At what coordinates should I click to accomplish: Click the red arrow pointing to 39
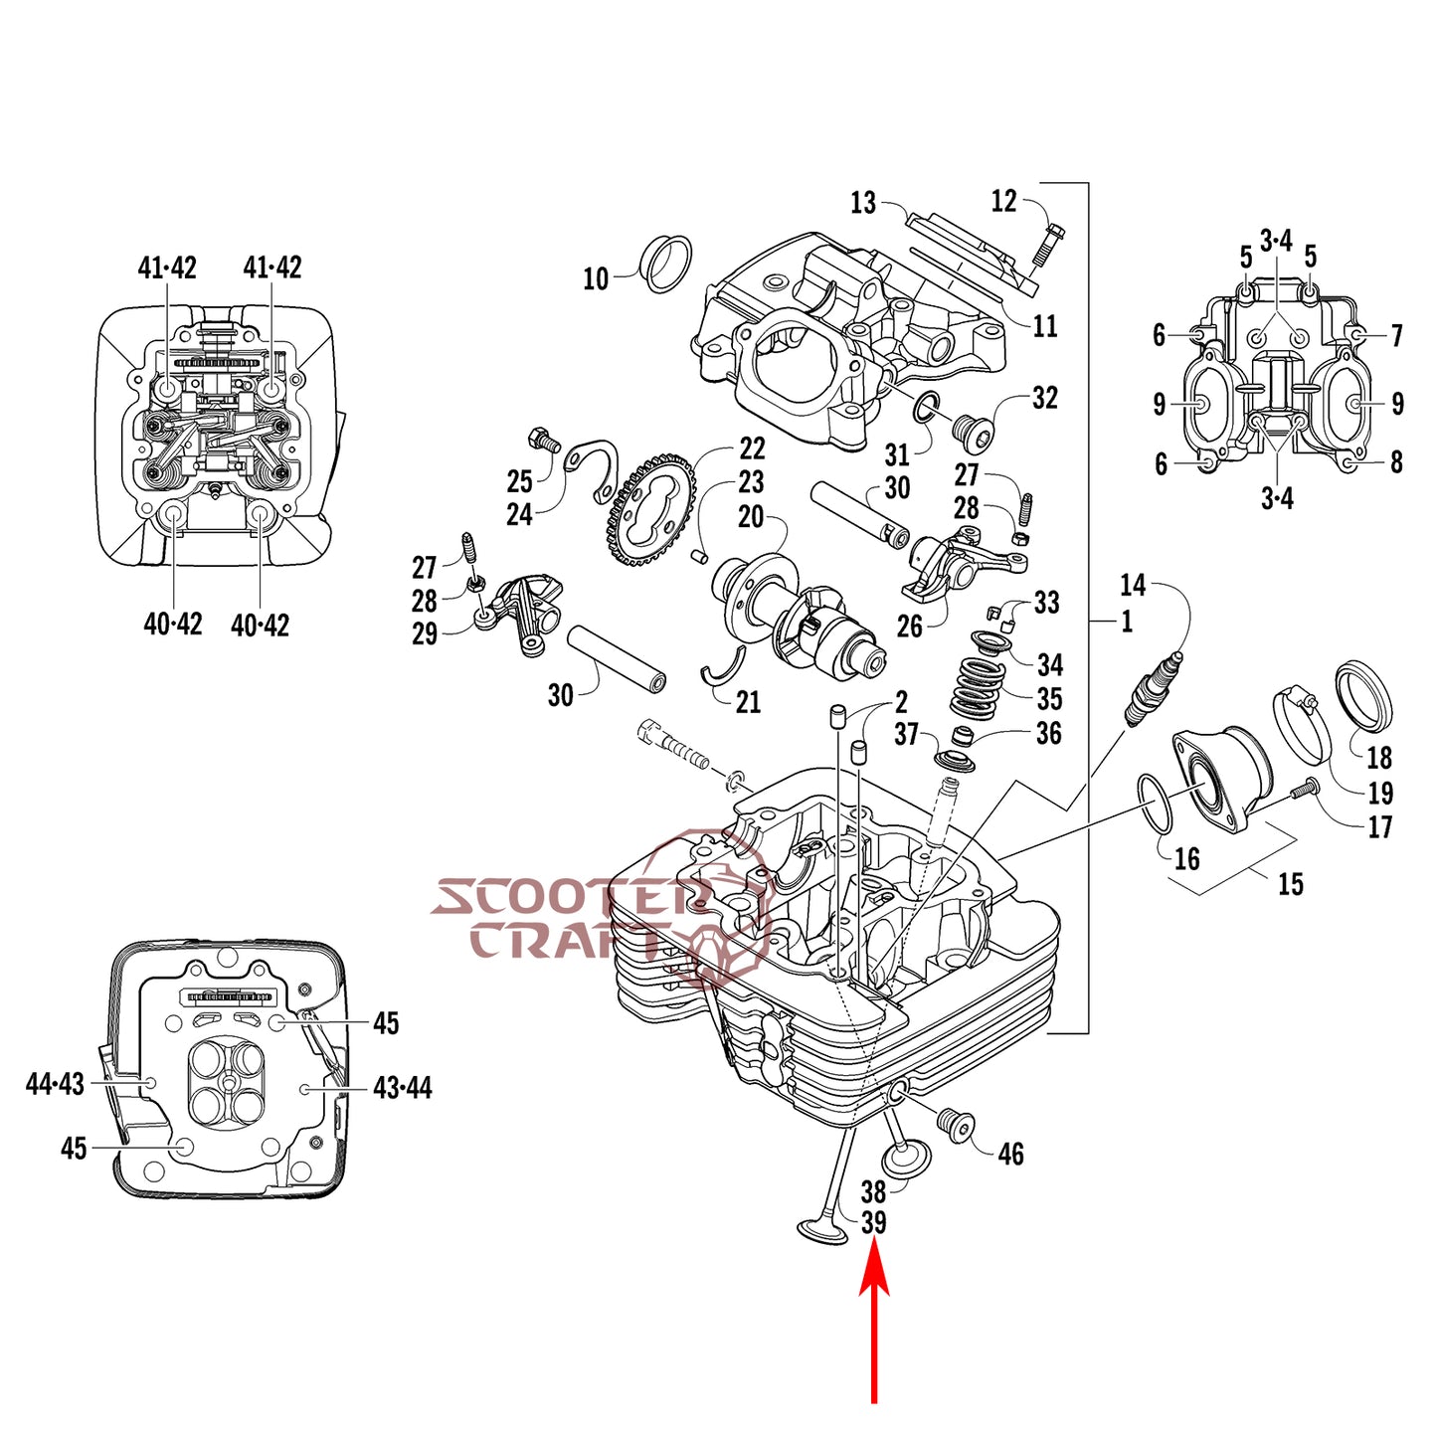pyautogui.click(x=874, y=1323)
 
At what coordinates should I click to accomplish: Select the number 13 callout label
pyautogui.click(x=863, y=204)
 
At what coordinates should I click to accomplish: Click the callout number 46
pyautogui.click(x=1010, y=1154)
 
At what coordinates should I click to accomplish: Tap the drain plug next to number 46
pyautogui.click(x=957, y=1126)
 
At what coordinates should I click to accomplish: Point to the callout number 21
pyautogui.click(x=749, y=703)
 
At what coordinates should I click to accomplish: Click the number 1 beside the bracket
pyautogui.click(x=1127, y=622)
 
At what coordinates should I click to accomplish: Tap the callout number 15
pyautogui.click(x=1290, y=884)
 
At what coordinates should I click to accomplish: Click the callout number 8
pyautogui.click(x=1396, y=462)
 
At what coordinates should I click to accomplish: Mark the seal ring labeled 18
pyautogui.click(x=1363, y=693)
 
